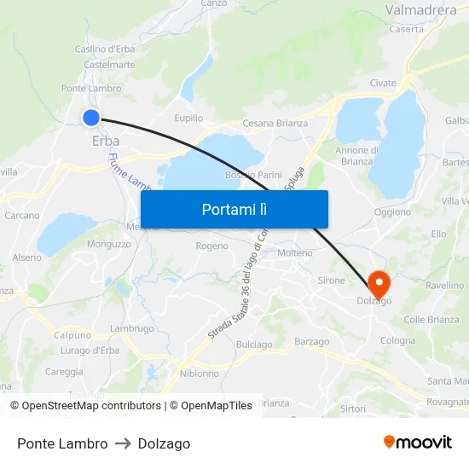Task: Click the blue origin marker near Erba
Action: [91, 118]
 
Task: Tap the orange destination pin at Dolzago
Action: [379, 284]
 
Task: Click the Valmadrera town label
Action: [421, 10]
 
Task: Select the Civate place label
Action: [383, 83]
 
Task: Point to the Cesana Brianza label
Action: [275, 123]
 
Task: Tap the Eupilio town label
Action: [188, 118]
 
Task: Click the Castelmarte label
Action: [109, 64]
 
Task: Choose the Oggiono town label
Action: [392, 212]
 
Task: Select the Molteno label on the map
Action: [295, 252]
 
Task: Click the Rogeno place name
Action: [212, 246]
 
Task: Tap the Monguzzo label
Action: [109, 244]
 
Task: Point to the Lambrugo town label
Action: [132, 328]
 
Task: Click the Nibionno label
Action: [200, 373]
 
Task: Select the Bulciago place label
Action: [254, 345]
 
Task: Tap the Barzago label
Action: [311, 342]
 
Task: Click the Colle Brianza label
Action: [431, 320]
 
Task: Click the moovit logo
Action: [417, 442]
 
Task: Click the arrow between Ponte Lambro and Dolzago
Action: [123, 443]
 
